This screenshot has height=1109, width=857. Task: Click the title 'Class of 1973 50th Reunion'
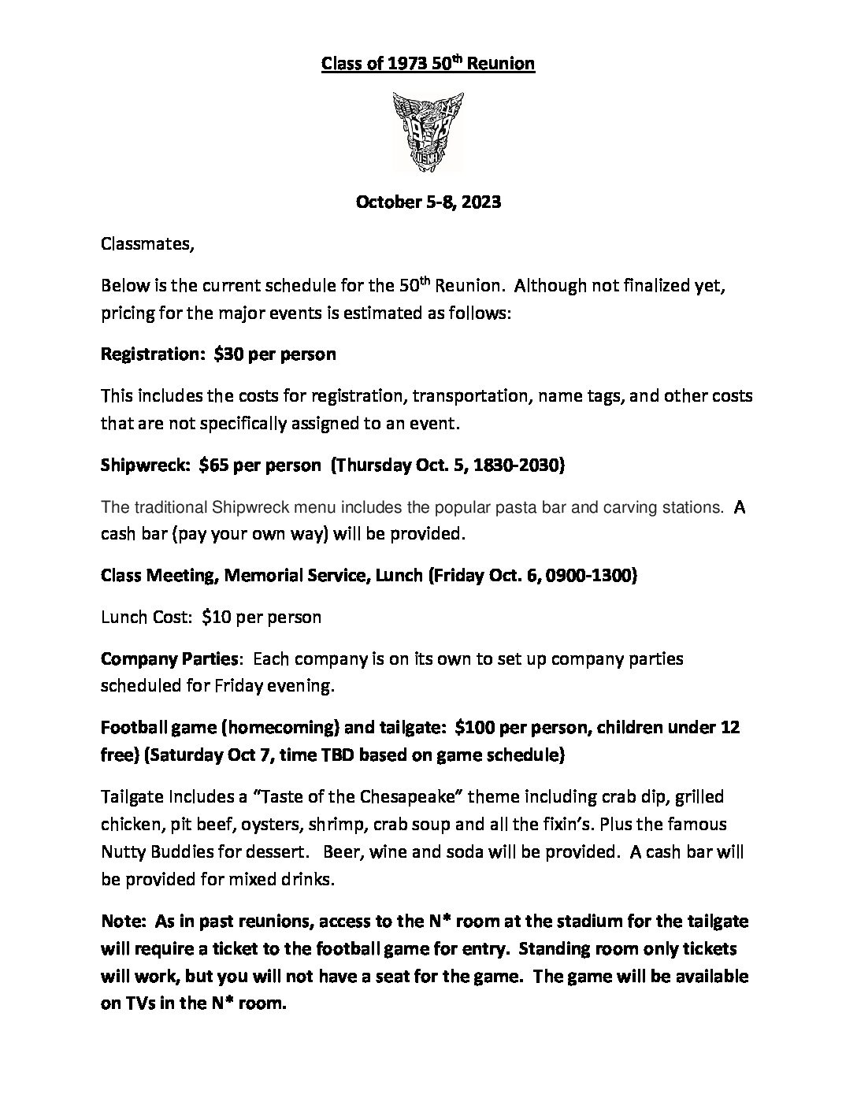click(x=428, y=63)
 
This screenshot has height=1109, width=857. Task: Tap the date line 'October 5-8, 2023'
click(x=428, y=202)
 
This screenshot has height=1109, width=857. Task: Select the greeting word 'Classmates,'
click(x=147, y=243)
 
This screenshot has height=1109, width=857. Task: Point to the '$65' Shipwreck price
click(x=214, y=465)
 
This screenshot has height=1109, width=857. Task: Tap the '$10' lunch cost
click(x=215, y=617)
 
